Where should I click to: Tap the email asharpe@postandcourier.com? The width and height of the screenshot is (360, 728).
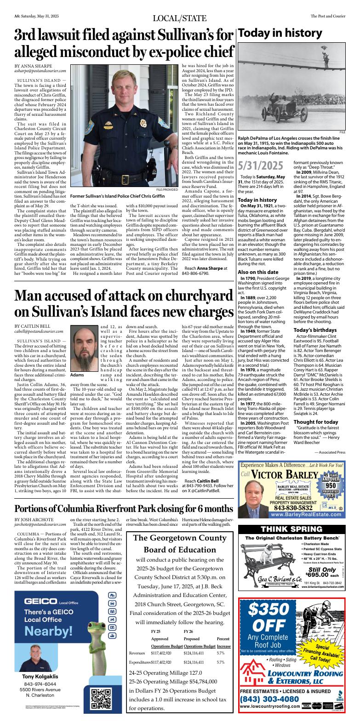40,71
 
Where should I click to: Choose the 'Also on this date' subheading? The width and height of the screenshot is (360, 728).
259,260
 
